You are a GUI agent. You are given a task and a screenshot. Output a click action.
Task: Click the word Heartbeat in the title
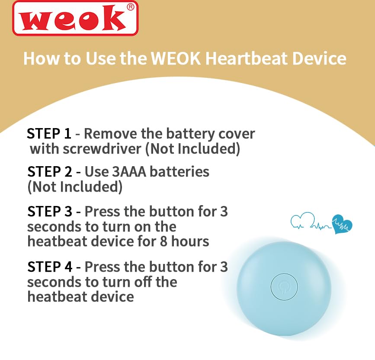coord(246,58)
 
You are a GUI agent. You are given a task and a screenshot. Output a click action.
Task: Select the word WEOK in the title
coord(176,58)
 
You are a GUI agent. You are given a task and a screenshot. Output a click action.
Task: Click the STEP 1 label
coord(49,134)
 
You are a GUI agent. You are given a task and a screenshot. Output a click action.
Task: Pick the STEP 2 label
coord(49,172)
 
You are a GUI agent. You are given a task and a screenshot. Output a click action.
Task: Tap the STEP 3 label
coord(49,212)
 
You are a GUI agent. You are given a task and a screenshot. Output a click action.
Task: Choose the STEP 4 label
coord(49,267)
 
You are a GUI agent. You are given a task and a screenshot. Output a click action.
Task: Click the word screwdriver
coord(102,149)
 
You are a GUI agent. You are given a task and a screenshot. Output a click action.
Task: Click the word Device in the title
coord(319,58)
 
